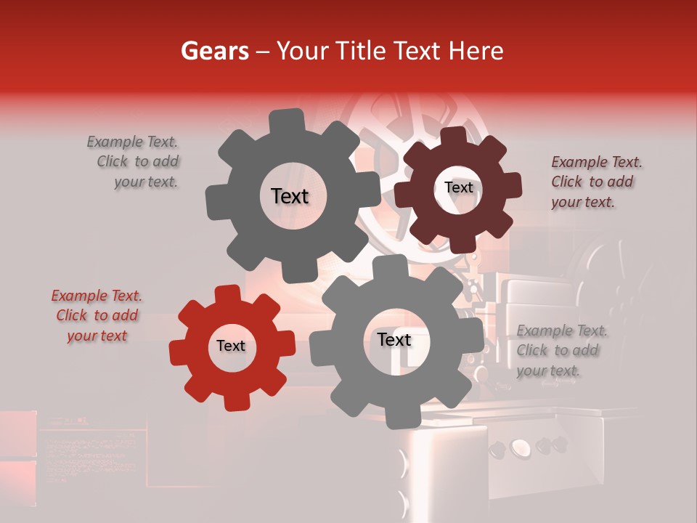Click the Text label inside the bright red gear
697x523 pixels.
[x=231, y=346]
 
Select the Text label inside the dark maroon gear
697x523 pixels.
[x=458, y=187]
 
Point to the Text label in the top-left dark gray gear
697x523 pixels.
[x=290, y=196]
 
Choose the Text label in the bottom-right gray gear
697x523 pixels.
[x=394, y=340]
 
